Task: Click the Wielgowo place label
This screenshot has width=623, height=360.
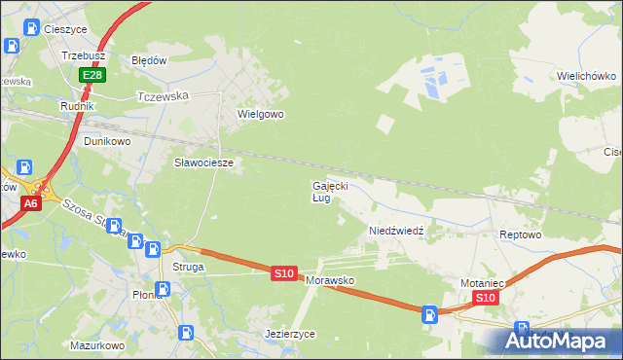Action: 260,114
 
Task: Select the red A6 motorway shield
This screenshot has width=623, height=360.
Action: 31,203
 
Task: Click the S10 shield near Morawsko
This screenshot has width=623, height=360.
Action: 283,274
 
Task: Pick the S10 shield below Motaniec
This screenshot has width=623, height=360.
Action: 488,298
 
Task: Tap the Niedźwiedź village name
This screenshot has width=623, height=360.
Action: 394,231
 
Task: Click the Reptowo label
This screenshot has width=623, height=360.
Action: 519,235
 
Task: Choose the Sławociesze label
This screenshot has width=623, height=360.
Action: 203,162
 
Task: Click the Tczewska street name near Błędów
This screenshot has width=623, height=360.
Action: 163,96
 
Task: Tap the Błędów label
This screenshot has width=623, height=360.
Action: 150,59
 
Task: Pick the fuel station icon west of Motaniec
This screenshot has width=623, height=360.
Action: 428,313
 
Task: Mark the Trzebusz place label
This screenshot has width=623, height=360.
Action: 83,56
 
